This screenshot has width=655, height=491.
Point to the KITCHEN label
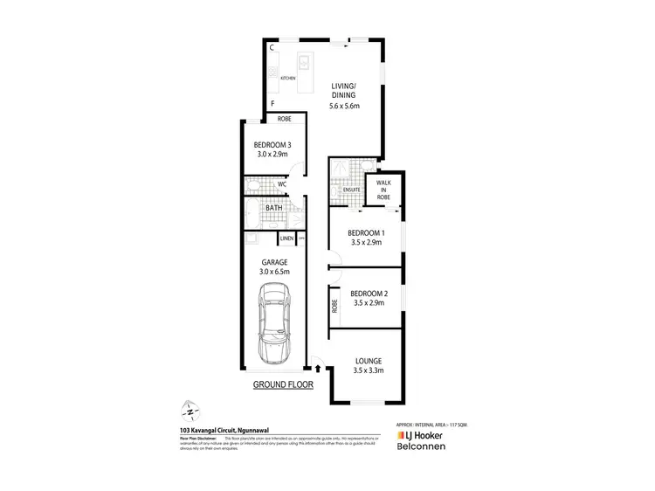288,79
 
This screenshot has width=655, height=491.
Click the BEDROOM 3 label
272,144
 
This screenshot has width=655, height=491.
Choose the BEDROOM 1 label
366,232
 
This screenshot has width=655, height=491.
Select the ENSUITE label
352,190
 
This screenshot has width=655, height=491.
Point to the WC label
282,184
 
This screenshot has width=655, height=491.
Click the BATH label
273,208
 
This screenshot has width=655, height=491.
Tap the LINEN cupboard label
286,238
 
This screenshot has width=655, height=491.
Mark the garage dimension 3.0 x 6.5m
275,272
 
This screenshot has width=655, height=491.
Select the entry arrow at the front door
317,370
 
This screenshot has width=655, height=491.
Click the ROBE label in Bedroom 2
334,307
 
